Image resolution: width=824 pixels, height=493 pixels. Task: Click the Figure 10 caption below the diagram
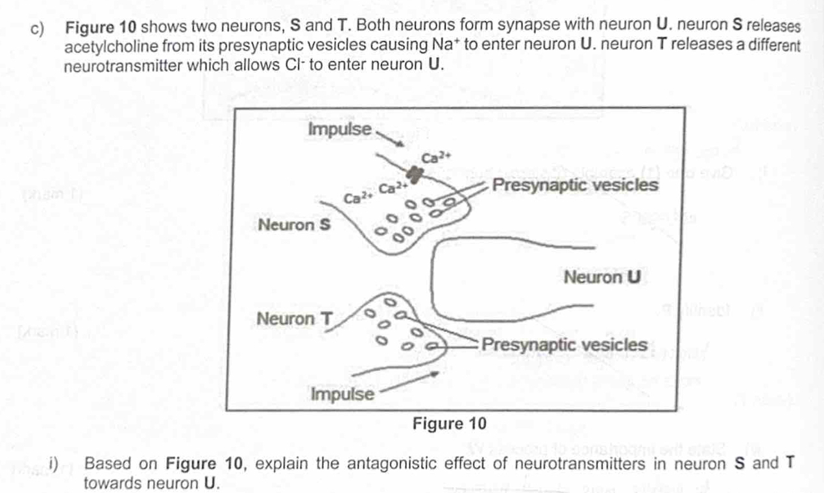pyautogui.click(x=449, y=424)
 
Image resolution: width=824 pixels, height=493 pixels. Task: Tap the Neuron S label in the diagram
pyautogui.click(x=294, y=226)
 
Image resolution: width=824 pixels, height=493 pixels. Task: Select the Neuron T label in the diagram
pyautogui.click(x=295, y=319)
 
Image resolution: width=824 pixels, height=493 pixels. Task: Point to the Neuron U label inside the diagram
pyautogui.click(x=602, y=278)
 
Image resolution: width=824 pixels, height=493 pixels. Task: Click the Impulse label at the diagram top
pyautogui.click(x=339, y=128)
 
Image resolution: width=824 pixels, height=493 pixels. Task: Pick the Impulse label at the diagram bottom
pyautogui.click(x=343, y=394)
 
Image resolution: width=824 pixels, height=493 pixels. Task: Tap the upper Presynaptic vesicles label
pyautogui.click(x=576, y=185)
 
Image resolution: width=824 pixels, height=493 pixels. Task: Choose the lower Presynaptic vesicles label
pyautogui.click(x=565, y=344)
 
